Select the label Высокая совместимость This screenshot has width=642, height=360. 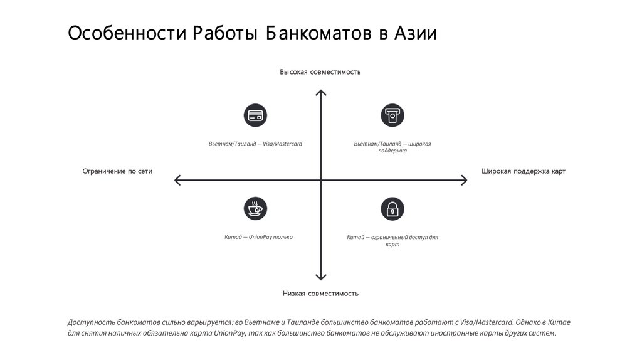[x=320, y=72]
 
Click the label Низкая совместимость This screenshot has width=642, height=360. [x=320, y=293]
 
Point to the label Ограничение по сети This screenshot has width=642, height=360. [x=117, y=171]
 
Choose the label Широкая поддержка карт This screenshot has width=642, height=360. [x=524, y=171]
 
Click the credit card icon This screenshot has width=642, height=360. [x=255, y=115]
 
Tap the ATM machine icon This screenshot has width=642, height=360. [x=392, y=115]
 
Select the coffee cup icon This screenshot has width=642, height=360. [x=255, y=209]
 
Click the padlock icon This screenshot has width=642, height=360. [x=392, y=209]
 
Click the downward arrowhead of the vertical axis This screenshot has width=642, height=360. [x=320, y=277]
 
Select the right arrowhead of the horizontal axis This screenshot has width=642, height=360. [x=465, y=181]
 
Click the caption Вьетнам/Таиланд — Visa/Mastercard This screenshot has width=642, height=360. [x=255, y=144]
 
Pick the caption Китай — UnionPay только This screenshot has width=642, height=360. [x=258, y=237]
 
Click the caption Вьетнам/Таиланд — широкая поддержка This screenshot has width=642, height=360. [x=392, y=147]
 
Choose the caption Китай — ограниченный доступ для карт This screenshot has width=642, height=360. [x=392, y=241]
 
